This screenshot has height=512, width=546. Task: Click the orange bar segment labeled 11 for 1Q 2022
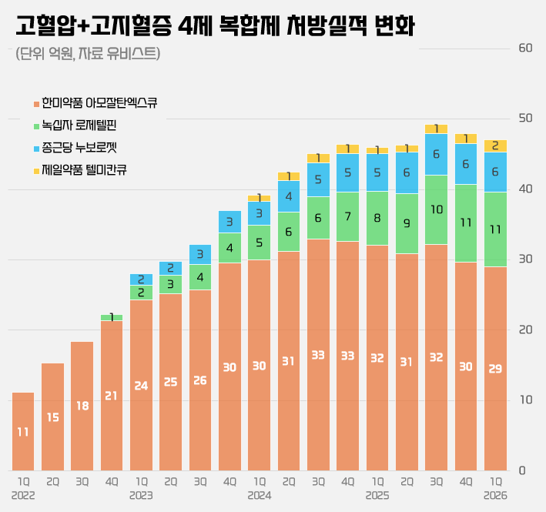click(x=23, y=432)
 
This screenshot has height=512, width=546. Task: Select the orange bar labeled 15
click(x=52, y=417)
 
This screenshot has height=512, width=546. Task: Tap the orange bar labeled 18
click(x=82, y=407)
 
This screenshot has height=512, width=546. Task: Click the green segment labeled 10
click(x=437, y=210)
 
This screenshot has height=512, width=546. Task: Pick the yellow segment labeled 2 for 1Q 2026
click(x=495, y=146)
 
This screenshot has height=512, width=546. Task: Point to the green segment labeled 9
click(x=407, y=223)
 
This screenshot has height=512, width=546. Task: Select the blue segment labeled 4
click(x=289, y=196)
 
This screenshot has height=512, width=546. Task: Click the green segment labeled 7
click(x=347, y=217)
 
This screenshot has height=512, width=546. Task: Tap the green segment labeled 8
click(x=377, y=218)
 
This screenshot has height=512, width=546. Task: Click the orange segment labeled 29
click(x=495, y=369)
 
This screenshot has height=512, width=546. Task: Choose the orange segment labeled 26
click(x=200, y=380)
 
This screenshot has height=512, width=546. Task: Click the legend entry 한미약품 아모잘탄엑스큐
click(x=95, y=103)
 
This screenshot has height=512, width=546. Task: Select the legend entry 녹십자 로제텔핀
click(x=75, y=125)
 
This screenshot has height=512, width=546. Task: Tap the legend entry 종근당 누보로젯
click(x=75, y=148)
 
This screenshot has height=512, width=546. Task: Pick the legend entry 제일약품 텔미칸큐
click(x=80, y=170)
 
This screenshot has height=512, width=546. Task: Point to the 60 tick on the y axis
click(x=525, y=48)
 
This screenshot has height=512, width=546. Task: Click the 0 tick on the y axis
click(x=522, y=470)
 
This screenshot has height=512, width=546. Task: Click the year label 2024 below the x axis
click(x=260, y=495)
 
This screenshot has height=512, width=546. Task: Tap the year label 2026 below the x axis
click(x=495, y=495)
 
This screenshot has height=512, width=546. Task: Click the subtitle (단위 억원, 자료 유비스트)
click(x=88, y=54)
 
